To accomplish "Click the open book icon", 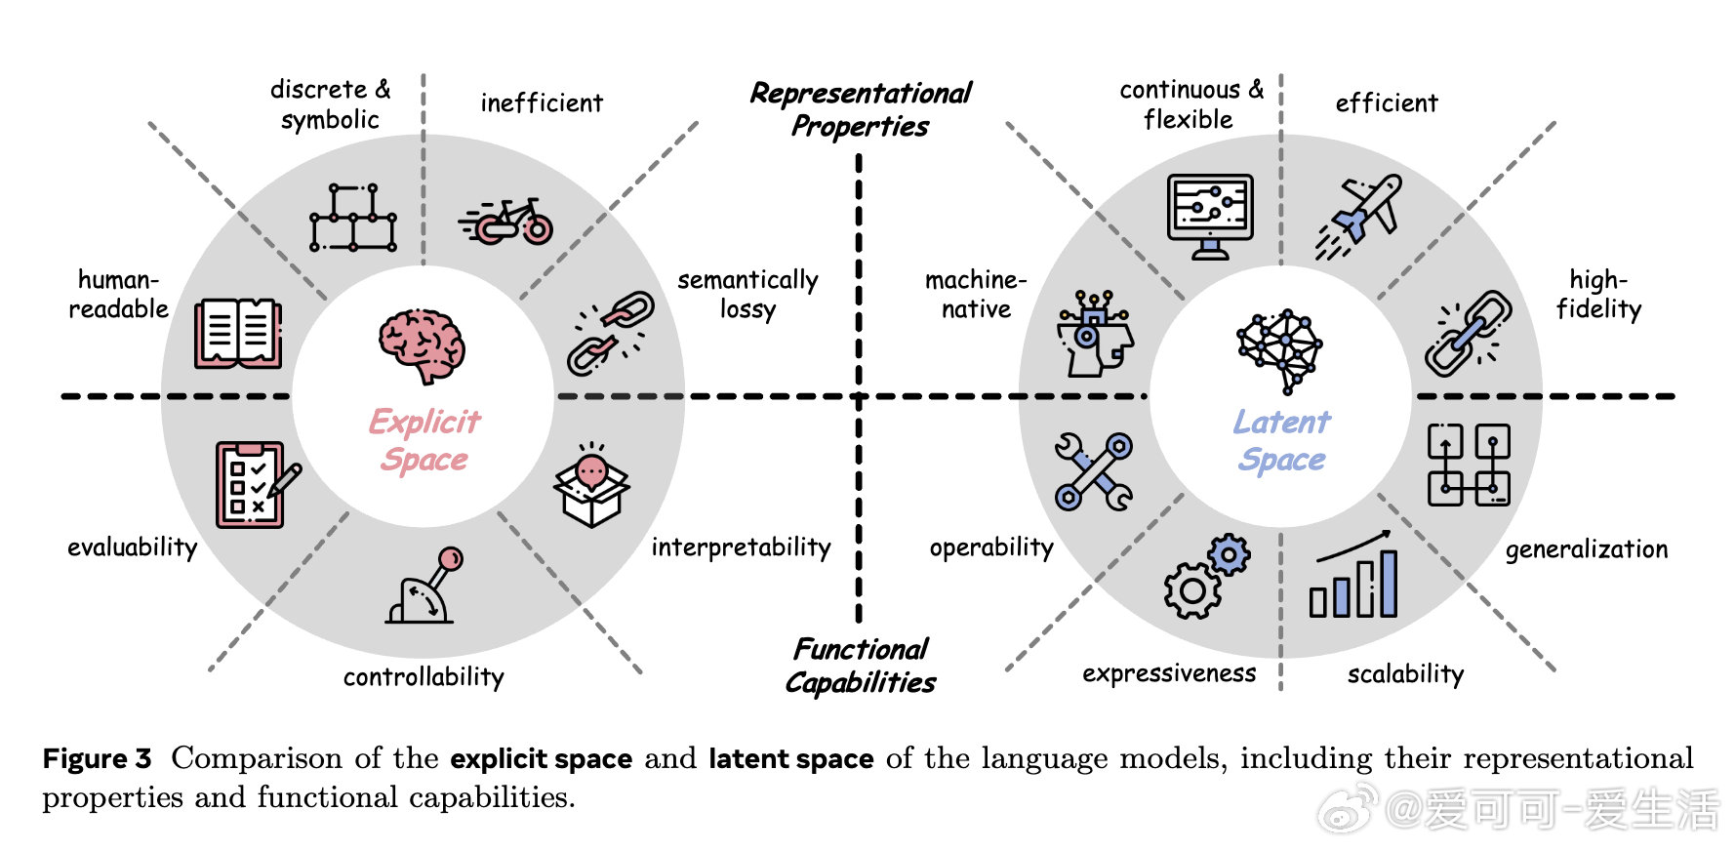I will [238, 334].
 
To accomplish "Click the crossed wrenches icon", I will [1093, 471].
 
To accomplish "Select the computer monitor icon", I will [1210, 216].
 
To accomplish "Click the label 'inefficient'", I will [542, 103].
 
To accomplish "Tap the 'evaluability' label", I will [132, 547].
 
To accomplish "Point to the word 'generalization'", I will [1586, 549].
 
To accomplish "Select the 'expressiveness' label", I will [1169, 673].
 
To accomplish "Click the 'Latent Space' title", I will [1281, 440].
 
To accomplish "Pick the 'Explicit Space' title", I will [424, 440].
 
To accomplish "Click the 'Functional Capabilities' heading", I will [860, 666].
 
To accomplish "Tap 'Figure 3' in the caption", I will [97, 759].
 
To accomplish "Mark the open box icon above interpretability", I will [591, 485].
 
